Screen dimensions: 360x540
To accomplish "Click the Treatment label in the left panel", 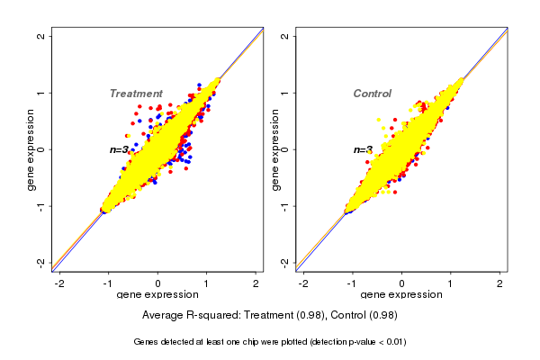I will click(136, 94).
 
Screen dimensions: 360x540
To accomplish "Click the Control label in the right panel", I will click(372, 94).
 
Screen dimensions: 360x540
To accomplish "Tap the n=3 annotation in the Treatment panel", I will click(121, 149).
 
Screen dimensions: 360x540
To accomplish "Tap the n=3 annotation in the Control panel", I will click(363, 149).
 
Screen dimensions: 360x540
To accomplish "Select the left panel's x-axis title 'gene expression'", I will click(157, 295).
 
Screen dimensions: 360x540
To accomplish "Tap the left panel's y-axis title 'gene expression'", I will click(31, 149).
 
